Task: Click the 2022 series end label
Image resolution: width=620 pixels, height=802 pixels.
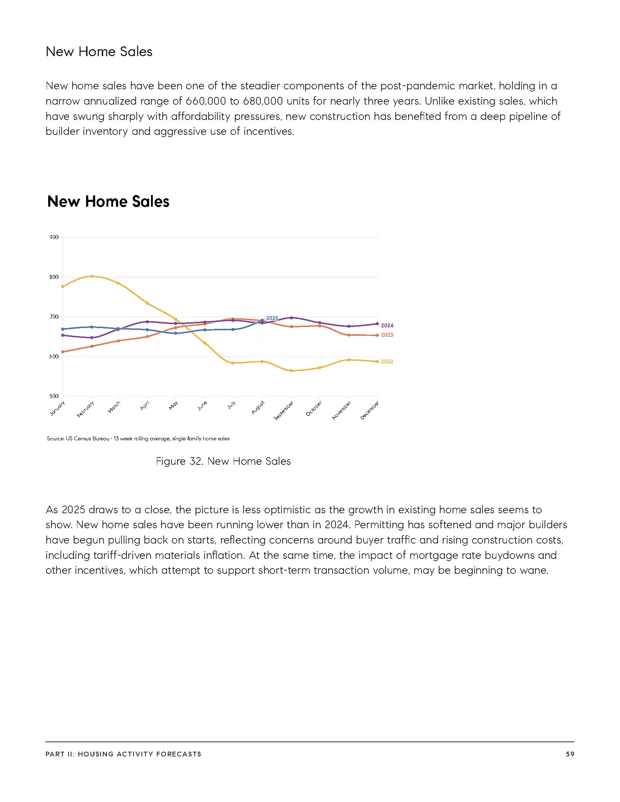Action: [x=387, y=362]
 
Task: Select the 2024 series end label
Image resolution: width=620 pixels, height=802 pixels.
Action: [x=387, y=325]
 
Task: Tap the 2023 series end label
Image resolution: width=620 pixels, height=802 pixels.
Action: [x=387, y=335]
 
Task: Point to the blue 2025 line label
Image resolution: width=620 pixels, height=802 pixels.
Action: [x=272, y=318]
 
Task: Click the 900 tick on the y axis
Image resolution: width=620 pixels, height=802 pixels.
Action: [x=54, y=237]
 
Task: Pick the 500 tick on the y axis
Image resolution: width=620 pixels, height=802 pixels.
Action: [x=54, y=396]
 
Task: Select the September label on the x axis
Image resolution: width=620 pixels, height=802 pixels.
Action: [x=284, y=411]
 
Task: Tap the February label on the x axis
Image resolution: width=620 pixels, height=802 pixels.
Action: [x=86, y=409]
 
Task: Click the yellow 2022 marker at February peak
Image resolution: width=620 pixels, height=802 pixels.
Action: [x=92, y=276]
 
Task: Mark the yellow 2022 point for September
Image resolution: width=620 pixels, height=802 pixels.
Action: [x=291, y=371]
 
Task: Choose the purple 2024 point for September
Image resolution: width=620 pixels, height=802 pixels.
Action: [x=291, y=318]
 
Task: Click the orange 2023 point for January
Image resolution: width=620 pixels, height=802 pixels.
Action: [x=63, y=352]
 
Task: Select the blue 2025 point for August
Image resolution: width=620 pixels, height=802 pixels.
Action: [x=262, y=320]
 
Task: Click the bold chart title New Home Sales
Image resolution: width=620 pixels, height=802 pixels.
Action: [x=108, y=202]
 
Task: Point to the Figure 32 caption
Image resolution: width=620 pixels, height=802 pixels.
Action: [x=223, y=461]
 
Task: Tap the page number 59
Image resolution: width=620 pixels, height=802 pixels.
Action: [x=570, y=754]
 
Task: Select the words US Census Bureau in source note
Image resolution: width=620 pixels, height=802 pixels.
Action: [x=88, y=439]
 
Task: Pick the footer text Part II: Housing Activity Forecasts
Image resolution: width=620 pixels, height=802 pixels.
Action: [x=123, y=754]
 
